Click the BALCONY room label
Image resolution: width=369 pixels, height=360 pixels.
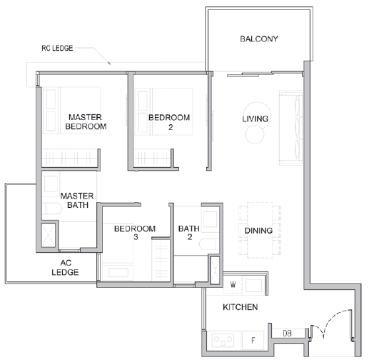[x=259, y=39]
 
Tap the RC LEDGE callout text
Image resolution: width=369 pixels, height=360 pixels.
[x=57, y=48]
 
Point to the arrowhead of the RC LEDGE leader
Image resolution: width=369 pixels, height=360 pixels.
[x=110, y=64]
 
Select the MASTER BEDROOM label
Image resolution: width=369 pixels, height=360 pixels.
[x=86, y=121]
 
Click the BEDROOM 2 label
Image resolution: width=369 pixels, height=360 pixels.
[x=169, y=122]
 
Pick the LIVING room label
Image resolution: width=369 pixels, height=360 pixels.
[x=256, y=119]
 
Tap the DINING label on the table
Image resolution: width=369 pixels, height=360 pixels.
[x=258, y=231]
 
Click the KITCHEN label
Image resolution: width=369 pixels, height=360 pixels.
[x=241, y=307]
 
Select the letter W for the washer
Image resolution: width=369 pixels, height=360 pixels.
[x=233, y=284]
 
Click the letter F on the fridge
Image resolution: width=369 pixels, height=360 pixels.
[x=253, y=341]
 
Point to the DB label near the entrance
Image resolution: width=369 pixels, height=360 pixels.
[x=287, y=334]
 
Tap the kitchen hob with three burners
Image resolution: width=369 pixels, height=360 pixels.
[x=223, y=340]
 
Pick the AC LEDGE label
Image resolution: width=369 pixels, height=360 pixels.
[x=65, y=268]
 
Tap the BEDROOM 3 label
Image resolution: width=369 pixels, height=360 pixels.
[x=135, y=233]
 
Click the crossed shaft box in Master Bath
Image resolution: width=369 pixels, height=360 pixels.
[x=49, y=235]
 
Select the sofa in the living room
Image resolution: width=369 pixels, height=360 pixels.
[x=290, y=128]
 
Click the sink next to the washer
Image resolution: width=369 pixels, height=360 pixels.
[x=254, y=286]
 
